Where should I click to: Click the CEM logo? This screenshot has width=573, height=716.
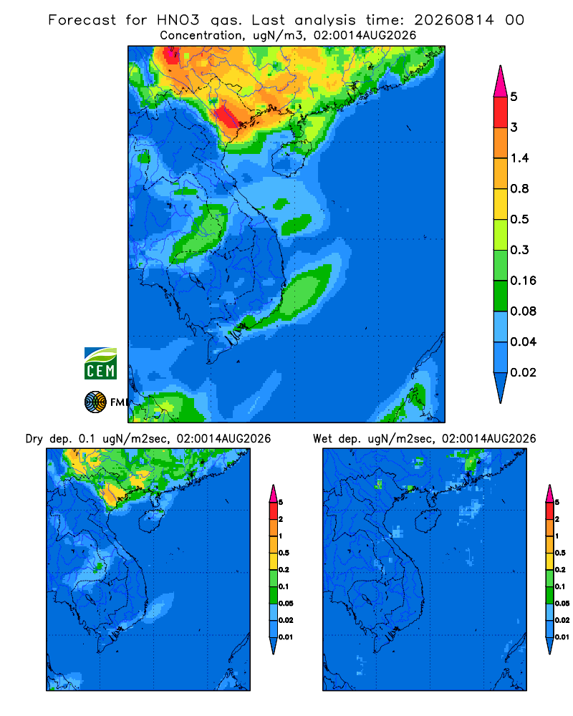click(x=100, y=363)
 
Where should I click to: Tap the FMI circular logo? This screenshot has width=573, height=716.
click(x=95, y=402)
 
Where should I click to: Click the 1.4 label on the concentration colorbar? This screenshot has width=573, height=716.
click(x=519, y=158)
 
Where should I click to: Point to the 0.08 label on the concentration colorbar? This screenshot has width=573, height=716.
click(x=523, y=311)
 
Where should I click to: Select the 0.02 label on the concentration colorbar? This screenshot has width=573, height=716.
click(x=523, y=372)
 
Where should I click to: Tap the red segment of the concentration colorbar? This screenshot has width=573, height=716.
click(x=501, y=112)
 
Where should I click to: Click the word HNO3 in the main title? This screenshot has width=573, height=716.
click(x=178, y=20)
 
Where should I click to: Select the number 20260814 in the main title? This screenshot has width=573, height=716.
click(x=454, y=20)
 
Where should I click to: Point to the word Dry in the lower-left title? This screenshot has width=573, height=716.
click(x=34, y=439)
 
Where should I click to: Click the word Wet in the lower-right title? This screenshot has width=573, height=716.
click(x=322, y=439)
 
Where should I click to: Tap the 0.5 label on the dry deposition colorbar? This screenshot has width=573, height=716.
click(x=284, y=553)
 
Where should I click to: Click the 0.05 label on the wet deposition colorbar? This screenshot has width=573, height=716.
click(x=562, y=603)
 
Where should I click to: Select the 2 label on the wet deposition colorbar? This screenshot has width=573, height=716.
click(x=557, y=519)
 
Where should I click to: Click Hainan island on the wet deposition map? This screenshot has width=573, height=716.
click(x=428, y=521)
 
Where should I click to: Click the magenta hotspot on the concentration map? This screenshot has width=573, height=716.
click(x=171, y=56)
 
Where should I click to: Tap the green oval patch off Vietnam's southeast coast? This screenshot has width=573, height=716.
click(x=307, y=292)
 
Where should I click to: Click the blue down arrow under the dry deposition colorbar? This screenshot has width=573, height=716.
click(x=273, y=646)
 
